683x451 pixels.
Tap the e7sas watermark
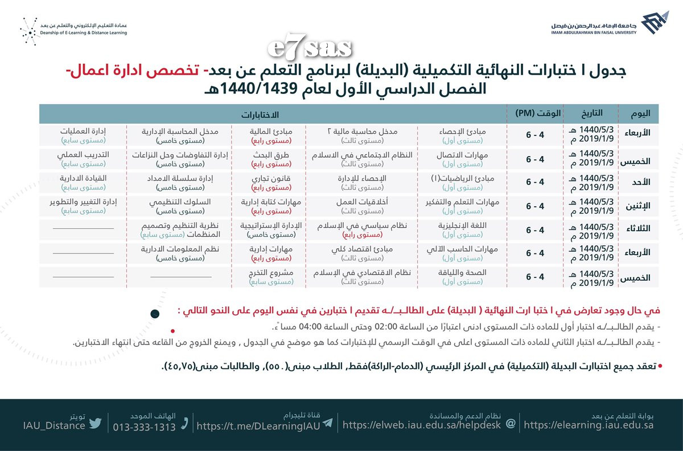tap(310, 50)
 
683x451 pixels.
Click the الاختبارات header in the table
tap(273, 114)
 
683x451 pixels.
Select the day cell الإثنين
tap(639, 206)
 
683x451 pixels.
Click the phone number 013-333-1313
tap(145, 427)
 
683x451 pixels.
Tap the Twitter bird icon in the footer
tap(95, 423)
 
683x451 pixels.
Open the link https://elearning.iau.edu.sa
tap(588, 425)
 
